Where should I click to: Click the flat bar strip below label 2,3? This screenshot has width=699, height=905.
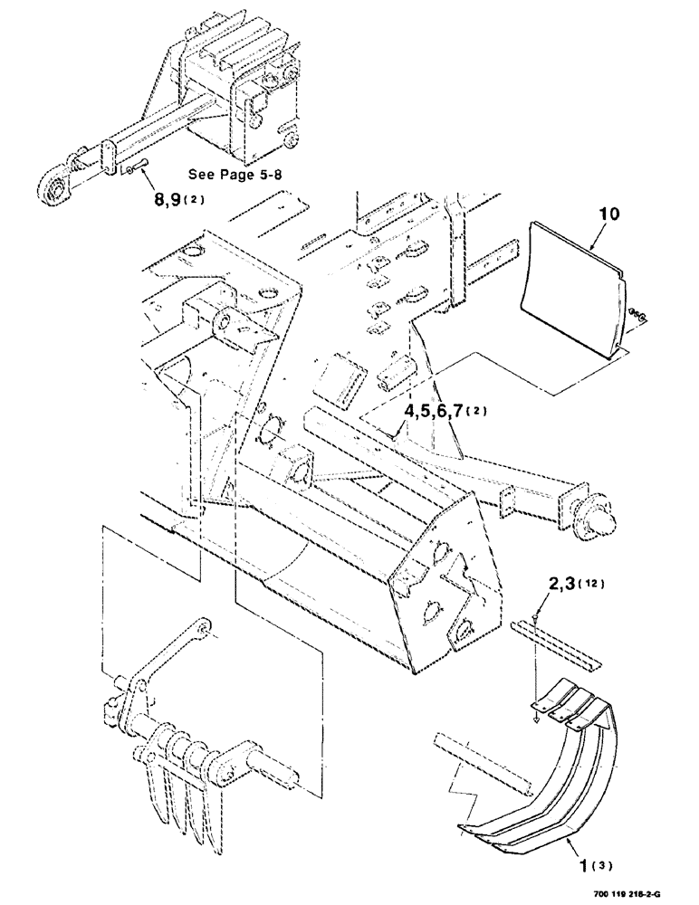[557, 639]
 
